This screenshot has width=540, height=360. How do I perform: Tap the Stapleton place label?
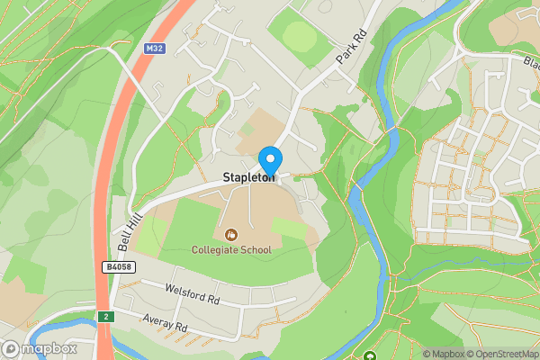[249, 178]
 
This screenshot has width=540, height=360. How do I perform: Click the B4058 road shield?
[119, 267]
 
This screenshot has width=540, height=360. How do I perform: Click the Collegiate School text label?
[230, 249]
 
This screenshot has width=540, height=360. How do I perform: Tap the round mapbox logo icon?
[12, 348]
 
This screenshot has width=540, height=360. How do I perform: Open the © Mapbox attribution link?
[445, 354]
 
